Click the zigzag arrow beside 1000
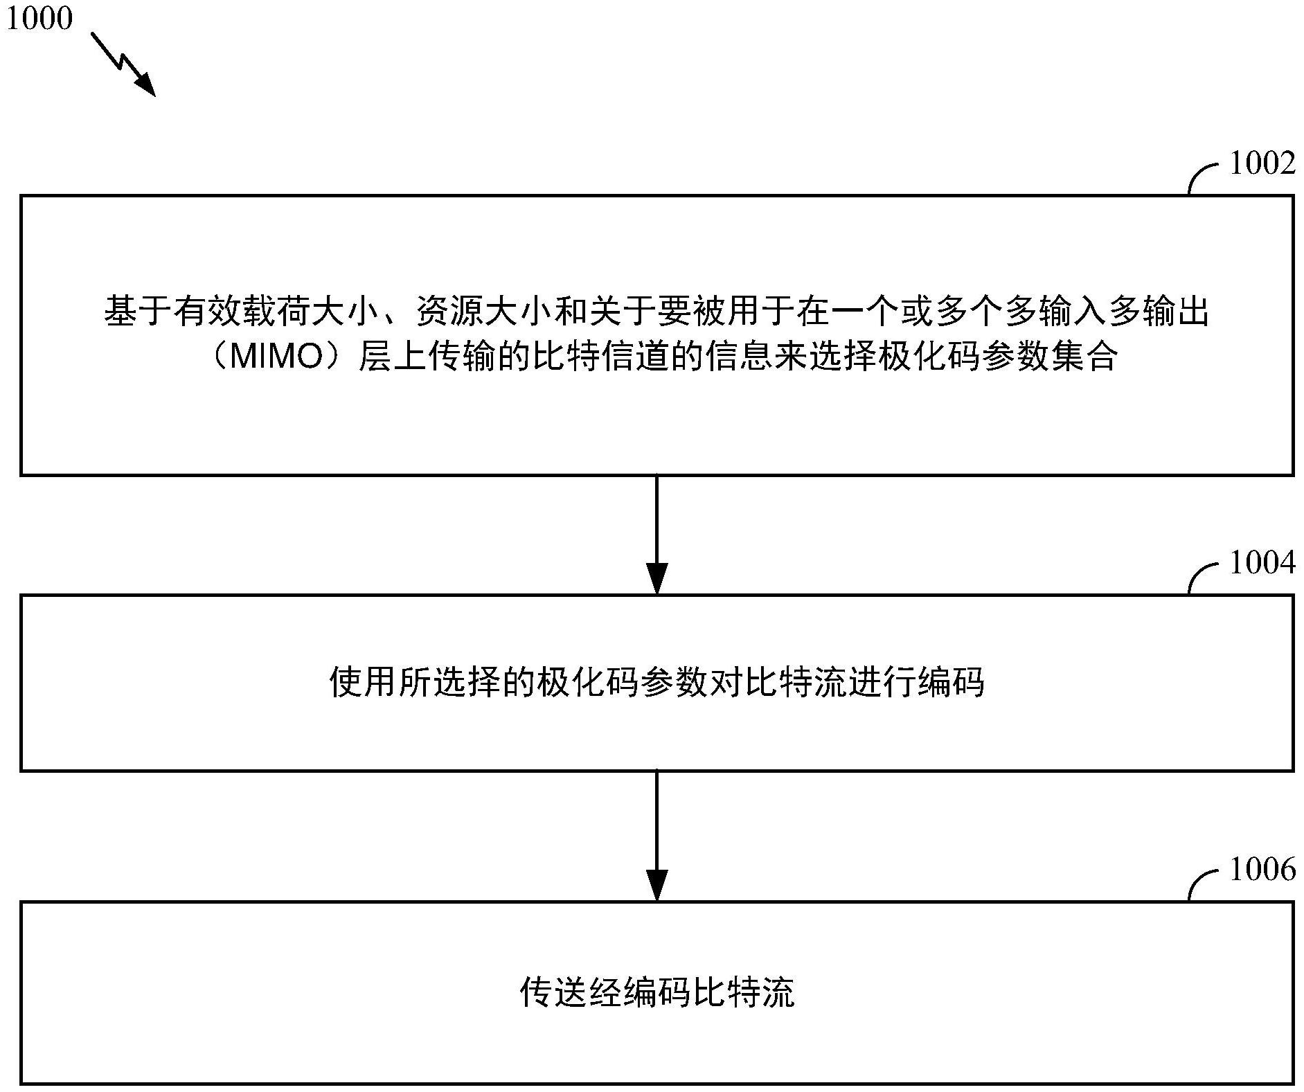[123, 63]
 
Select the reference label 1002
[1262, 163]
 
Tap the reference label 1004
[1262, 562]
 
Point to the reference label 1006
[1262, 869]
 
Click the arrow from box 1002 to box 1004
[657, 535]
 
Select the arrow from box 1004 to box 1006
[657, 836]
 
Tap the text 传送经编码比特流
[657, 992]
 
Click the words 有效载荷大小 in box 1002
[276, 311]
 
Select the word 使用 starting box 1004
[363, 683]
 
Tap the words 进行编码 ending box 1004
[917, 683]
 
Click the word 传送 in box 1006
[553, 992]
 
